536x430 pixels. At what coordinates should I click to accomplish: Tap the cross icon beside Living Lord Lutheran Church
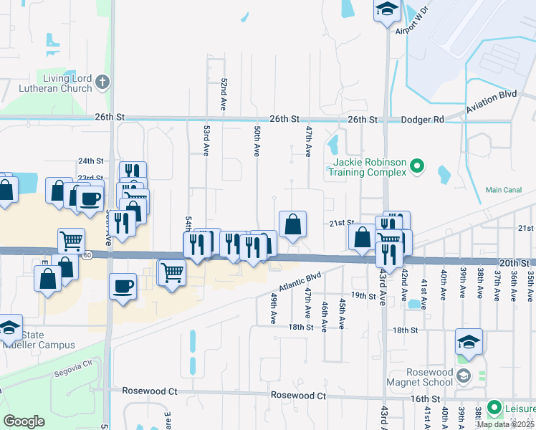[x=102, y=82]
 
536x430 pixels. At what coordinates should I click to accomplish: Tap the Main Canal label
[x=502, y=190]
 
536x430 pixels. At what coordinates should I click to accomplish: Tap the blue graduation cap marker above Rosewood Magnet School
[x=469, y=341]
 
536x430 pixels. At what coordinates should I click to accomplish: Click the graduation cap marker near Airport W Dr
[x=386, y=9]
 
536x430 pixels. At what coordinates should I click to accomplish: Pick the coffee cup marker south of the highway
[x=123, y=287]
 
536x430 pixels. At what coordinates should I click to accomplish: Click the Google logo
[x=24, y=421]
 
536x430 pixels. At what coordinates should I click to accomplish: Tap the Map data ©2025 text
[x=504, y=424]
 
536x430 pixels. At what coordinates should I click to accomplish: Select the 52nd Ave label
[x=224, y=89]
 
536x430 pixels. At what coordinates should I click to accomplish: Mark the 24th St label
[x=91, y=161]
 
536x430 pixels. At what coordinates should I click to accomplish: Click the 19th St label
[x=363, y=295]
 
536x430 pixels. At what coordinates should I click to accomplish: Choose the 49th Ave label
[x=274, y=308]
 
